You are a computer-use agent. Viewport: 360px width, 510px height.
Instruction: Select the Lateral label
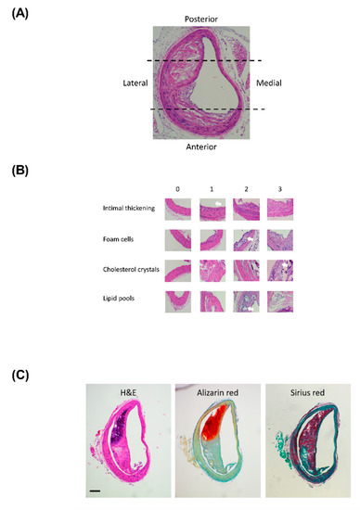135,84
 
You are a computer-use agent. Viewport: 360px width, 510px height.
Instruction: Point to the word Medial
269,84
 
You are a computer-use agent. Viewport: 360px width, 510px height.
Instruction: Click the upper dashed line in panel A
204,61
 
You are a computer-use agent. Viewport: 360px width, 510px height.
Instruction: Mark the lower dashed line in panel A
204,110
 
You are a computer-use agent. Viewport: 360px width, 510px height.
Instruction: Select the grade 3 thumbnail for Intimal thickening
280,209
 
